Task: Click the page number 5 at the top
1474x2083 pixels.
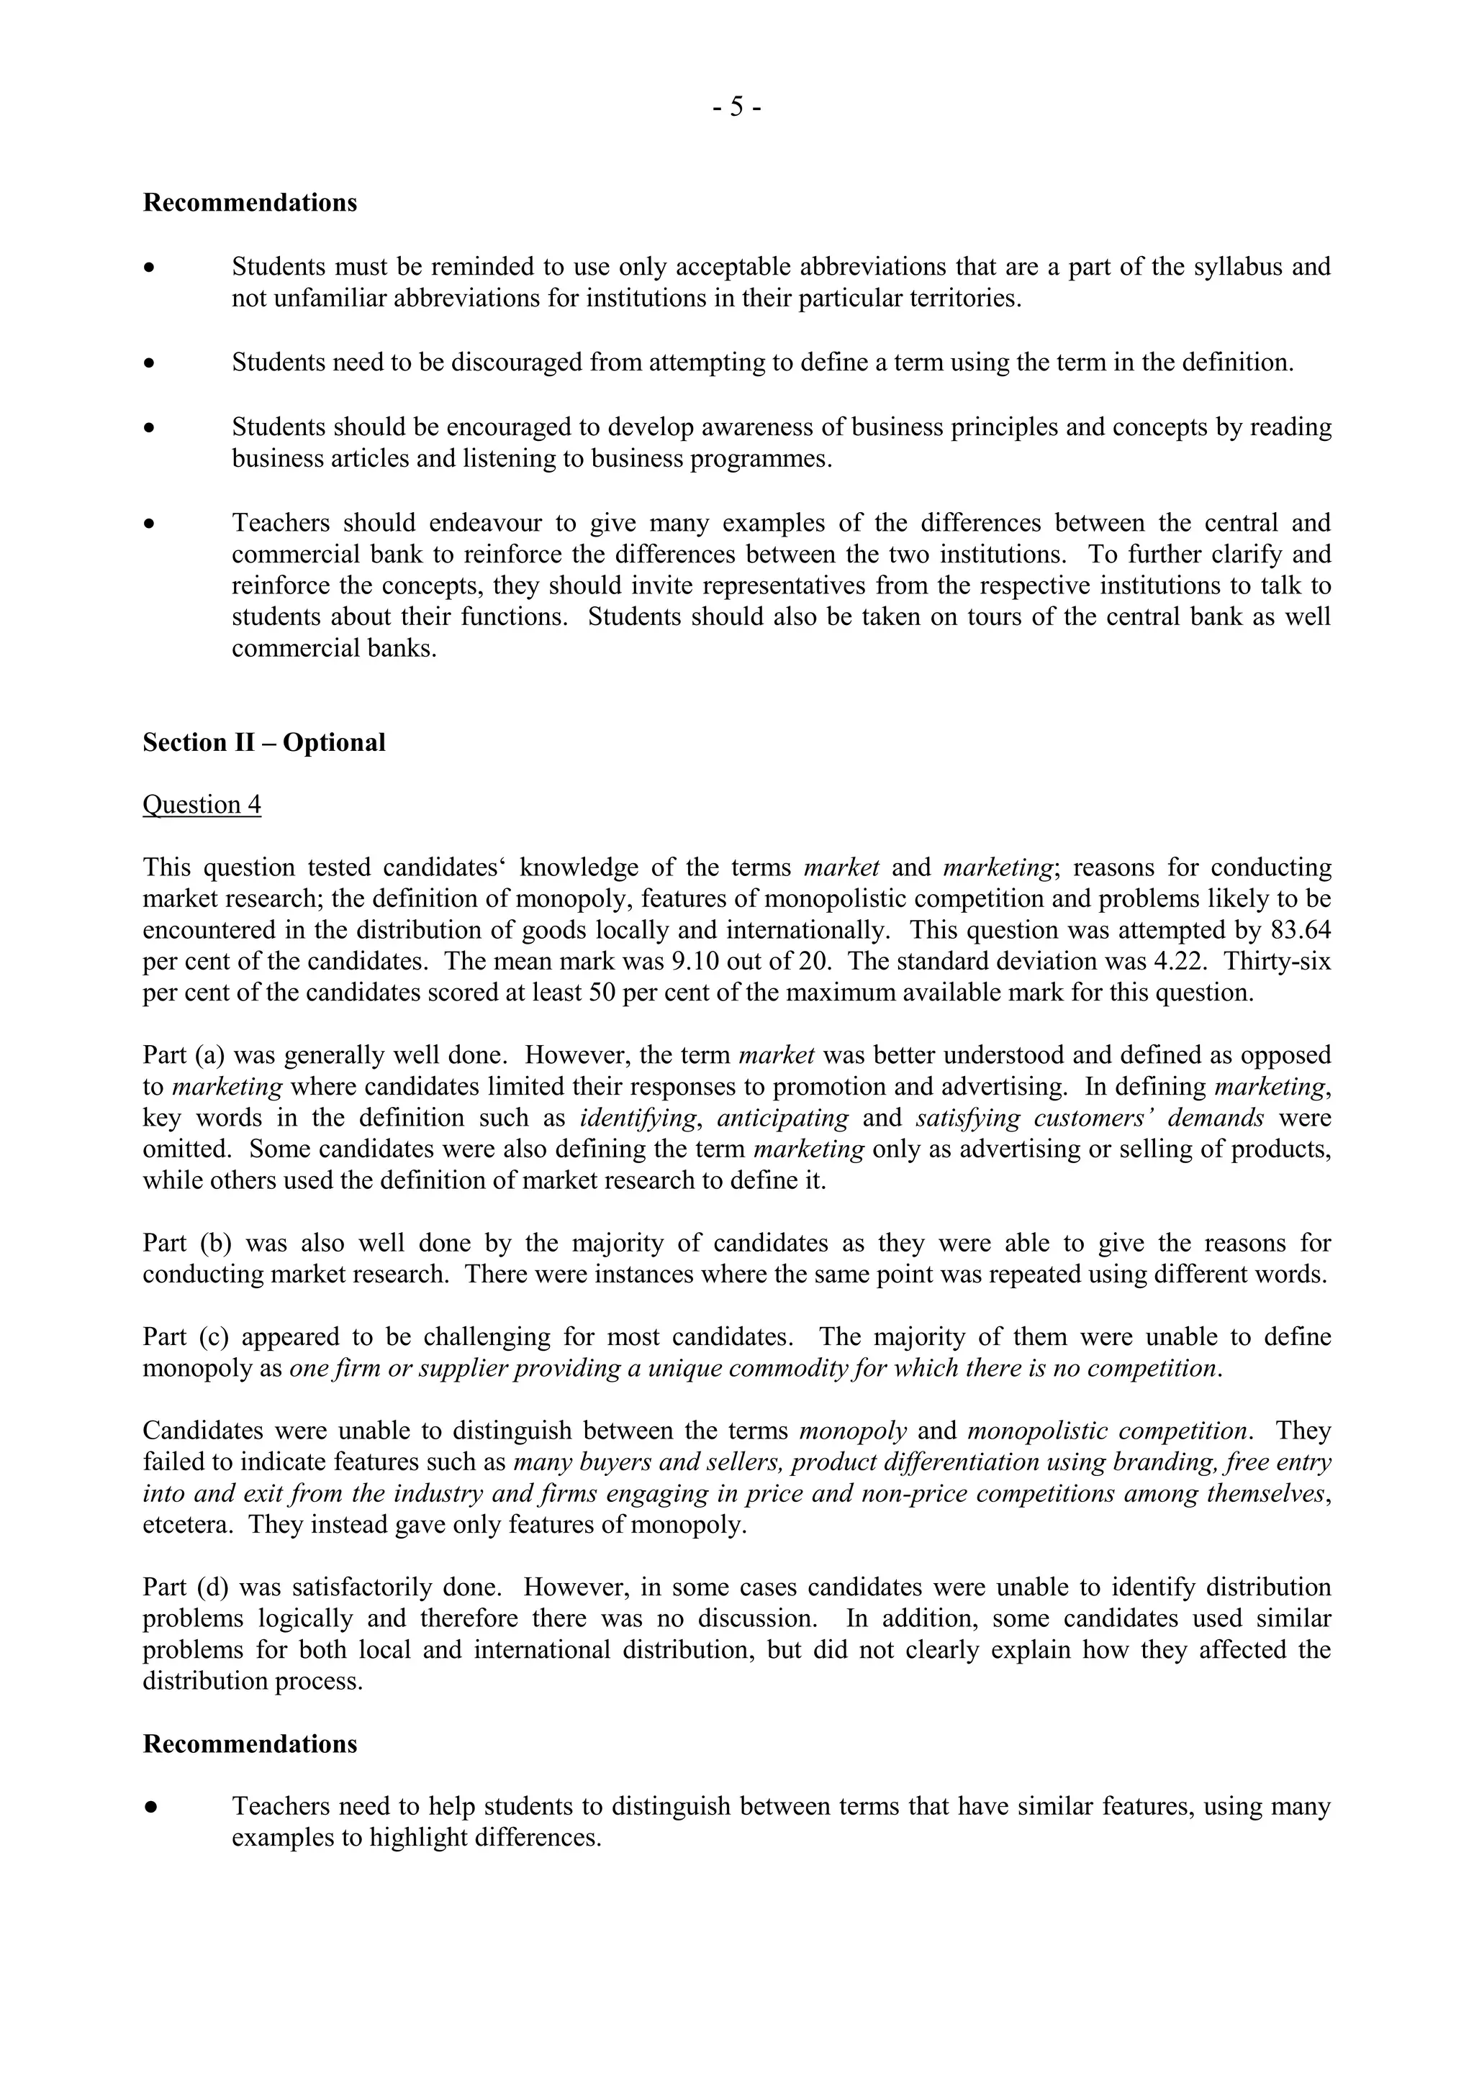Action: tap(736, 107)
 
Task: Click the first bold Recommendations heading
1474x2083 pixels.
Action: tap(250, 202)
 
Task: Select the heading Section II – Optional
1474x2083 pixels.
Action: tap(263, 742)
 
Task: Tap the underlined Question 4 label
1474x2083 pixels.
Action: tap(202, 805)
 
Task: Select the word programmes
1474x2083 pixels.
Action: tap(759, 458)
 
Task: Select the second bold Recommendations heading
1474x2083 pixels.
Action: tap(250, 1744)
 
